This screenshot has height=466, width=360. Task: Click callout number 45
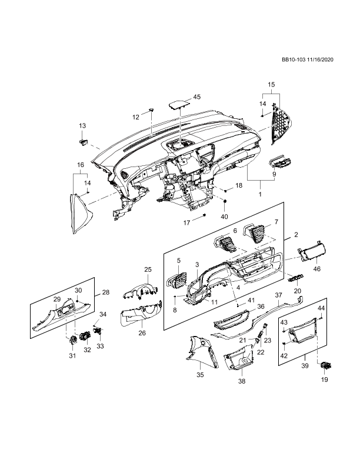(x=197, y=96)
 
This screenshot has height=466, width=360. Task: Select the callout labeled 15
(x=271, y=85)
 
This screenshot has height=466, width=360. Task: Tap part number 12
(x=136, y=117)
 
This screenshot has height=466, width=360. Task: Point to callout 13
(x=82, y=126)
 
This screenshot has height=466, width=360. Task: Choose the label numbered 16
(x=81, y=165)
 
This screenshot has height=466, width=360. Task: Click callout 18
(x=238, y=185)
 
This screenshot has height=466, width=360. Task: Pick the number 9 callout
(x=274, y=174)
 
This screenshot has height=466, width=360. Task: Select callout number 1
(x=260, y=194)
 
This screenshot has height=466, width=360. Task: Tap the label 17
(x=186, y=223)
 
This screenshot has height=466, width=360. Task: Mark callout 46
(x=317, y=269)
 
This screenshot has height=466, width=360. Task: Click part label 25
(x=148, y=269)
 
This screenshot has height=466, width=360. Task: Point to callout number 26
(x=142, y=333)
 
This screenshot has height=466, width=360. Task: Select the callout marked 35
(x=200, y=375)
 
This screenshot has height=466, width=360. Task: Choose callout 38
(x=242, y=381)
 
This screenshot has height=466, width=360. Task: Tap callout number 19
(x=324, y=380)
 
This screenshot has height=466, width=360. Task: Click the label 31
(x=72, y=355)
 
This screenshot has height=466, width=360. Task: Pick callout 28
(x=106, y=292)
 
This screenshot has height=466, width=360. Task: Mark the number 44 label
(x=321, y=308)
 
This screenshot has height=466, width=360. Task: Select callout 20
(x=298, y=291)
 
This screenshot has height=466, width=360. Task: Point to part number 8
(x=175, y=309)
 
